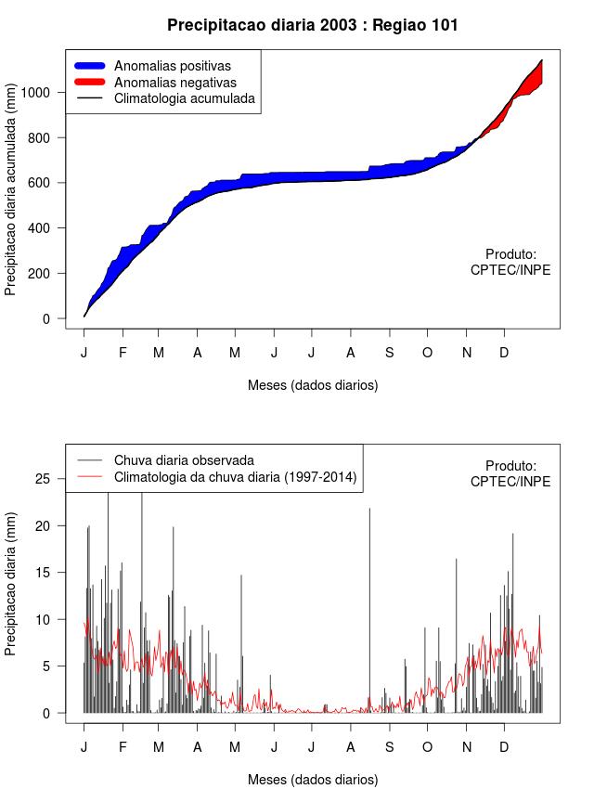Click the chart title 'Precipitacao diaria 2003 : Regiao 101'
[313, 25]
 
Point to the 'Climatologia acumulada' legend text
[185, 98]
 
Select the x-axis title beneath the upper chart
[313, 384]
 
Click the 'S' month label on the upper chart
[390, 353]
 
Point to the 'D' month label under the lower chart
[504, 747]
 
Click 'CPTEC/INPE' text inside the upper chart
[510, 270]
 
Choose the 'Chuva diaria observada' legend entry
[184, 459]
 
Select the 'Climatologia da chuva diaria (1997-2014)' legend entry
[235, 477]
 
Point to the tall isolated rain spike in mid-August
[369, 603]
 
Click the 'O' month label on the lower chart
[427, 747]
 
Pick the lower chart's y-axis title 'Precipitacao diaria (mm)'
[11, 583]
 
